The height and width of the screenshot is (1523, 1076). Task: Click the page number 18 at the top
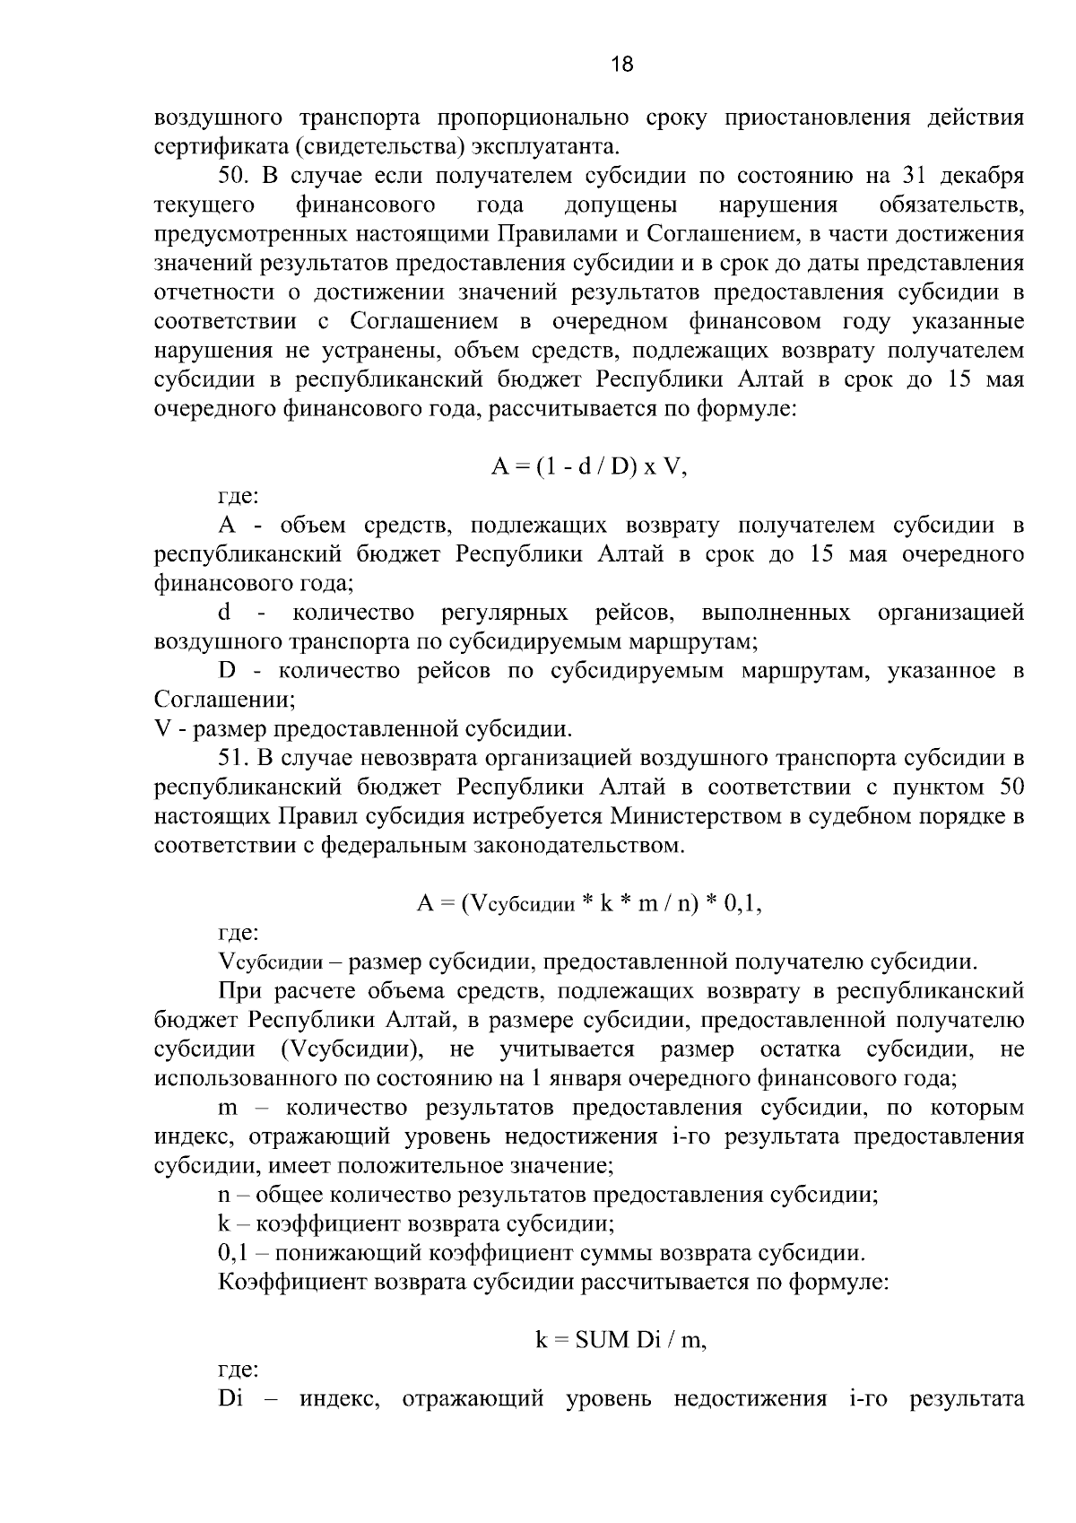pos(621,64)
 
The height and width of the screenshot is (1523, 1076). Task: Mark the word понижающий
pos(328,1253)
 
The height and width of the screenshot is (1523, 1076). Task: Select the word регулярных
pos(505,614)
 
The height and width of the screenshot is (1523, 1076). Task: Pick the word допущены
pos(621,205)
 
